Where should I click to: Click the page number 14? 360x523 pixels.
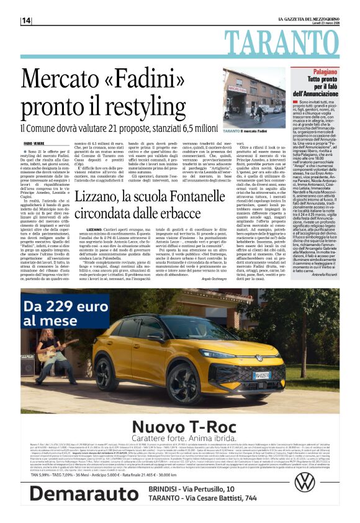26,20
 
